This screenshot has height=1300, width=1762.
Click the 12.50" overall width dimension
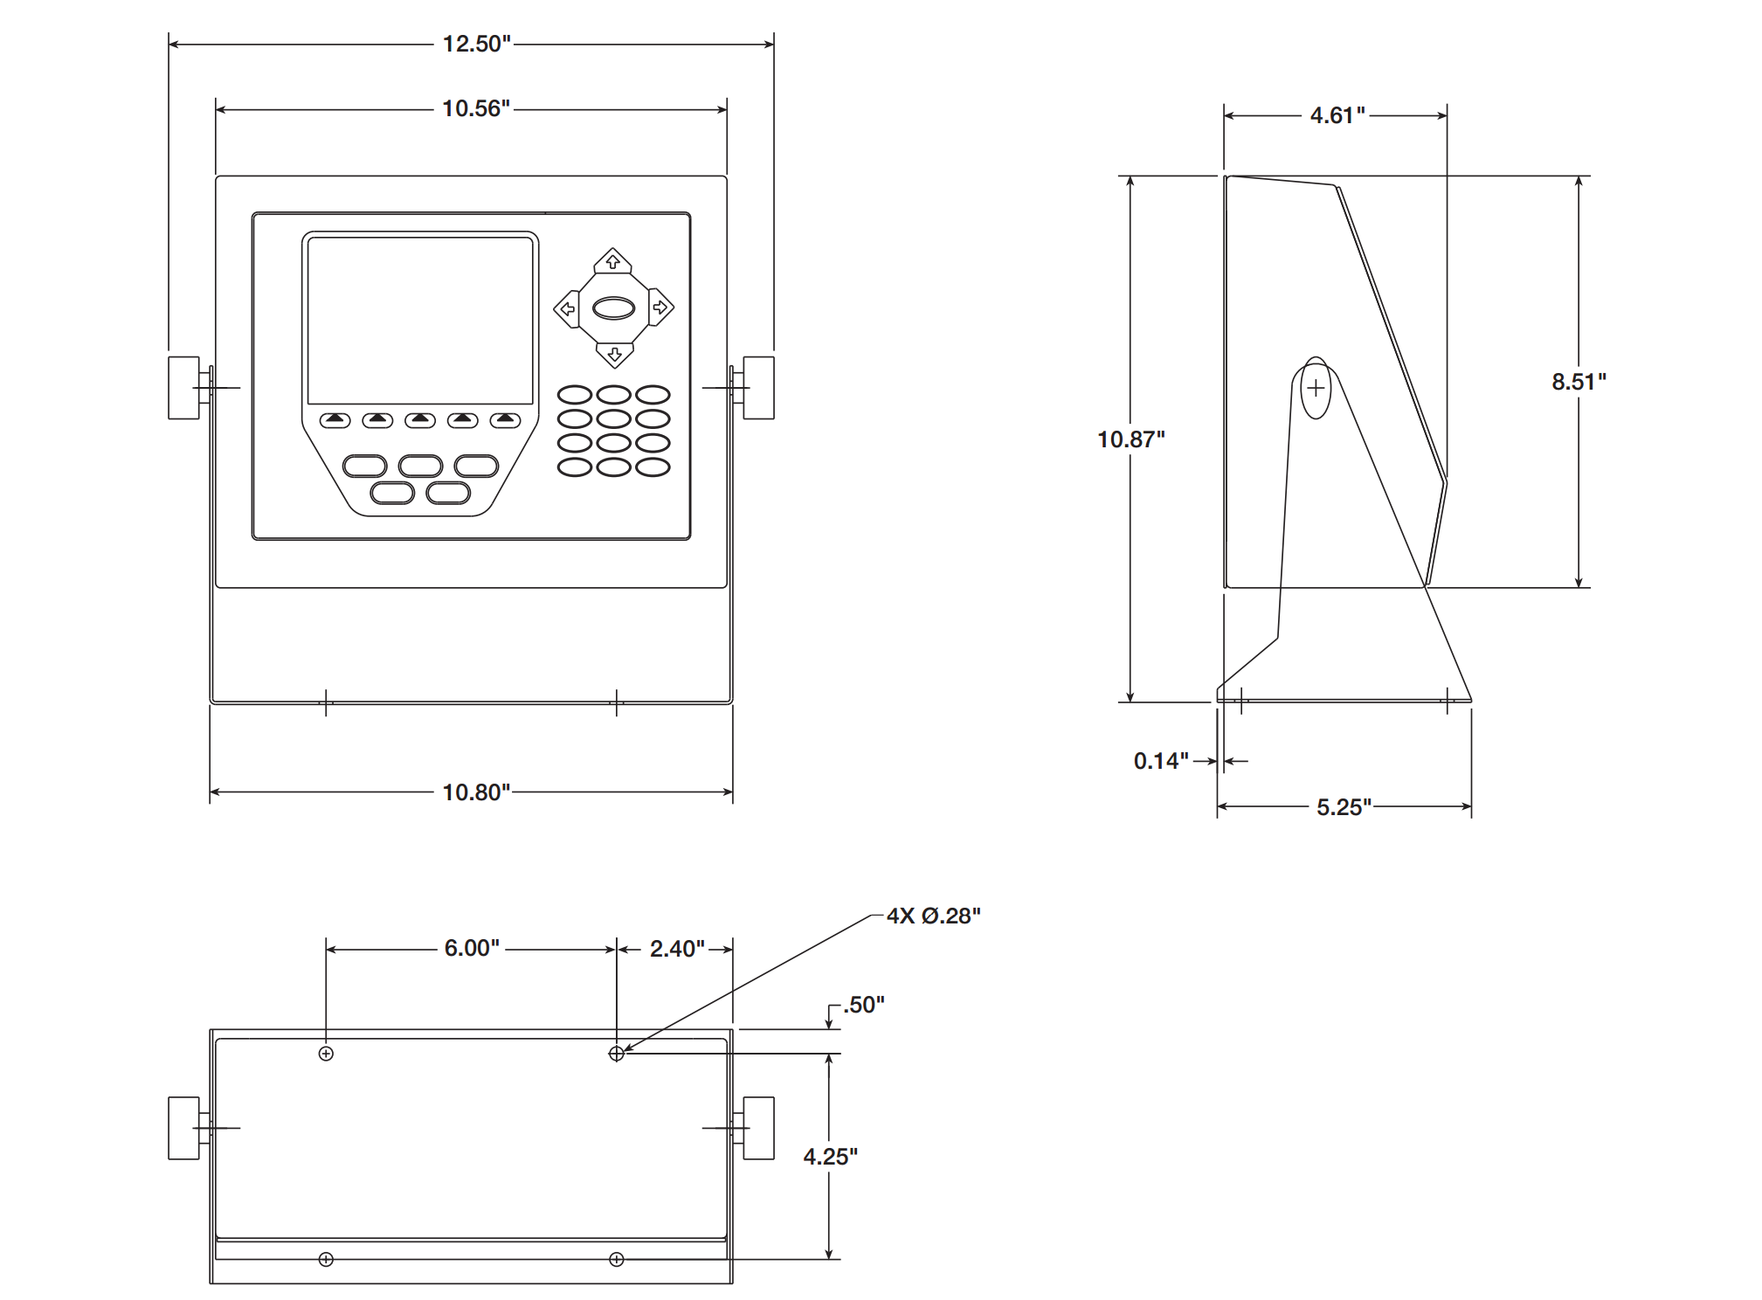click(476, 44)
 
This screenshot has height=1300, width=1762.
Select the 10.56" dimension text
click(476, 108)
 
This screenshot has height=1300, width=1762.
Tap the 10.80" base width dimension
click(476, 792)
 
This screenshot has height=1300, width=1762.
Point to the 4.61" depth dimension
click(1337, 115)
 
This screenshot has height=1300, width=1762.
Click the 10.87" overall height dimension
click(1130, 439)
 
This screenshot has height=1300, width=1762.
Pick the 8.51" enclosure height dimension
click(1579, 382)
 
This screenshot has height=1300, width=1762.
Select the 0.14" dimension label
click(1160, 761)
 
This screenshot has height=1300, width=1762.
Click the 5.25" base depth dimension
click(1344, 807)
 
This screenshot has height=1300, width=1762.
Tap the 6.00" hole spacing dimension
click(472, 948)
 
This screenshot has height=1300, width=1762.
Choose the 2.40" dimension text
click(677, 949)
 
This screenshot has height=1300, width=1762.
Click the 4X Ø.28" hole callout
click(933, 916)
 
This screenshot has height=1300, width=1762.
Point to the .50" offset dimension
click(863, 1005)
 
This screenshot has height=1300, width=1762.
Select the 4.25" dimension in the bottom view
click(830, 1157)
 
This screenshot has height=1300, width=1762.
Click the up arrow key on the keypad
click(612, 261)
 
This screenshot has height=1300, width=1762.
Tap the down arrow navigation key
click(614, 354)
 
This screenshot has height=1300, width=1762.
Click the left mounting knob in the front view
click(184, 388)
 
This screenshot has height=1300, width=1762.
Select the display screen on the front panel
click(420, 321)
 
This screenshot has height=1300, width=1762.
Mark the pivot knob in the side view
click(1316, 388)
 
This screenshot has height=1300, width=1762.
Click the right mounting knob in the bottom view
click(758, 1128)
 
